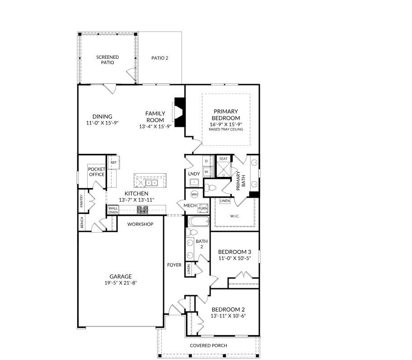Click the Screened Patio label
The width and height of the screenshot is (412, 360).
coord(108,60)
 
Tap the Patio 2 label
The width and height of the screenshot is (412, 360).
coord(160,58)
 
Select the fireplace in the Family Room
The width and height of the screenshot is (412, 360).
coord(180,112)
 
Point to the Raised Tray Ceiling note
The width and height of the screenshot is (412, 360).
coord(226,129)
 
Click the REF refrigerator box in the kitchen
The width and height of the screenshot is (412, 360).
coord(114,162)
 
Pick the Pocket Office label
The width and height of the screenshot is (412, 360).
coord(96,172)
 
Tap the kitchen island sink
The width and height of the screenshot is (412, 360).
coord(151,183)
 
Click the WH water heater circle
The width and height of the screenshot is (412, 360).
coord(194,194)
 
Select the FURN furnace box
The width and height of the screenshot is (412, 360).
coord(203,208)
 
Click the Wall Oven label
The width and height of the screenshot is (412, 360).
coord(113,210)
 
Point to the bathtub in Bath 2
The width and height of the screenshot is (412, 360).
coord(199,222)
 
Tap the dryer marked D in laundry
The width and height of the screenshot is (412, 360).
coord(206,161)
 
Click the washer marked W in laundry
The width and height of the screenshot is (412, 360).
coord(206,172)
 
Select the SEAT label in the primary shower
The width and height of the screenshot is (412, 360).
coord(223,159)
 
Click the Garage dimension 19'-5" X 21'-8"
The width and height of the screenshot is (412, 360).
coord(121,283)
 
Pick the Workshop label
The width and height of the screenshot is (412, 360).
coord(140,224)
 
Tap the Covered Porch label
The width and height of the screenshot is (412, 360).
coord(208,346)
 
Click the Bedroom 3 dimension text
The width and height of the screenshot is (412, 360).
coord(234,258)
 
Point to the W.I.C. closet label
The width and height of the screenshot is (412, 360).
coord(234,216)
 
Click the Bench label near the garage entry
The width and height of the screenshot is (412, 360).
coord(82,223)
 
